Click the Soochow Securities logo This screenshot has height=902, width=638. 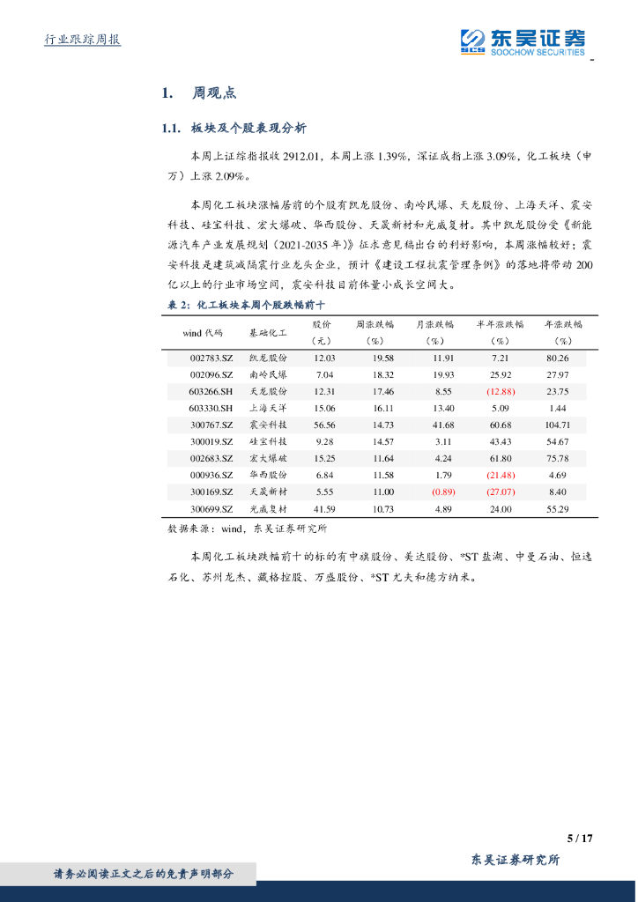pos(523,41)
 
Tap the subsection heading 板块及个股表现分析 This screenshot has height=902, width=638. pos(248,129)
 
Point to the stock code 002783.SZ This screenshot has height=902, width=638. pos(211,359)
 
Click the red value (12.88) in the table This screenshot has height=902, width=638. pos(501,391)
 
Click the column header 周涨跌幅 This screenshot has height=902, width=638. pos(375,324)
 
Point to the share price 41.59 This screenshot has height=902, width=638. pos(324,509)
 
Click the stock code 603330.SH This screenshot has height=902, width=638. pos(211,408)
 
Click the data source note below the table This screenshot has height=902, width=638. pos(247,529)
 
